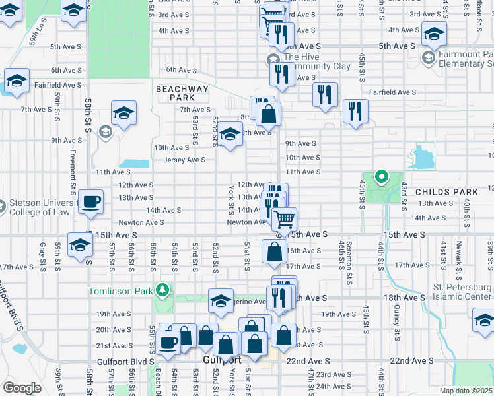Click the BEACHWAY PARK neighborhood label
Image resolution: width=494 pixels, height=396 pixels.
(182, 93)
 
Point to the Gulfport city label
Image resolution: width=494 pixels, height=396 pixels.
(222, 361)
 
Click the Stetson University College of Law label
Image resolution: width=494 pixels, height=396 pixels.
(36, 207)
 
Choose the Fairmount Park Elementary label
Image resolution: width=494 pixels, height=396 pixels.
(462, 59)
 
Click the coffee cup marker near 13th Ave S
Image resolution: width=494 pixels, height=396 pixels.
(90, 201)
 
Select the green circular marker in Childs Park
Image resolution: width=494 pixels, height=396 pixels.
(380, 176)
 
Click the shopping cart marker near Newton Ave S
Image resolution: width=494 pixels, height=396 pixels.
(284, 219)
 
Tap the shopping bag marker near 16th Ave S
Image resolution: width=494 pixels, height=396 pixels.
(274, 251)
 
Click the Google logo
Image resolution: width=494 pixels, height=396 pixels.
(21, 388)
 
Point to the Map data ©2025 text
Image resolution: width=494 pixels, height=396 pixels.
(466, 391)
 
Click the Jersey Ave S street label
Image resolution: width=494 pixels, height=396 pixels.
(184, 160)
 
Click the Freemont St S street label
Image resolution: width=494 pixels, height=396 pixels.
(72, 168)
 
